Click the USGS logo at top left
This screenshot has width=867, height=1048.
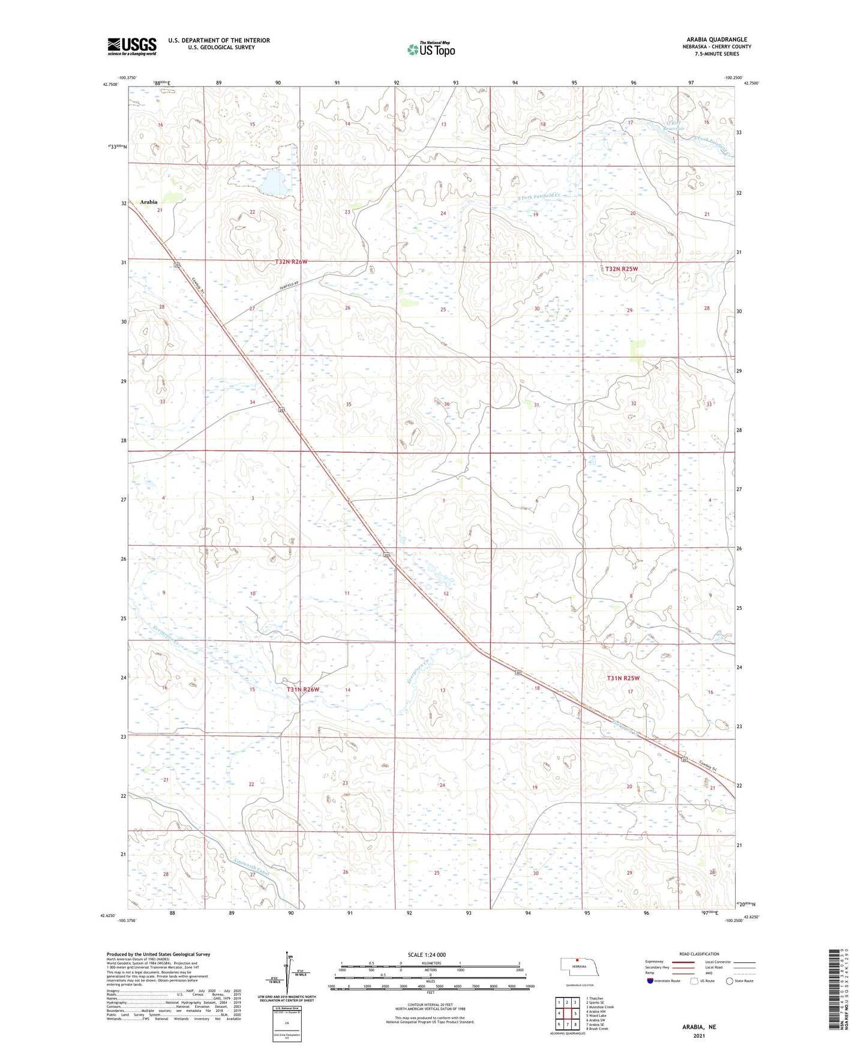click(132, 46)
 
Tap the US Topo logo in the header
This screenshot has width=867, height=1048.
click(431, 49)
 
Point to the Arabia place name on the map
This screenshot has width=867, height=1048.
click(148, 202)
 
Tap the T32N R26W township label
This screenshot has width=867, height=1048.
click(291, 262)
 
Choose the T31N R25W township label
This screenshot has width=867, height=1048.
click(623, 678)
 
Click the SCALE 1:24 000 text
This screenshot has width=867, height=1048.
click(427, 954)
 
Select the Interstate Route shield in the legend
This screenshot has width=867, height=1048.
click(650, 981)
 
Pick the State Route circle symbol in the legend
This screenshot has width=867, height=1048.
click(729, 981)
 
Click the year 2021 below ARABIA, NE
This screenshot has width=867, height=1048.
click(699, 1035)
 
